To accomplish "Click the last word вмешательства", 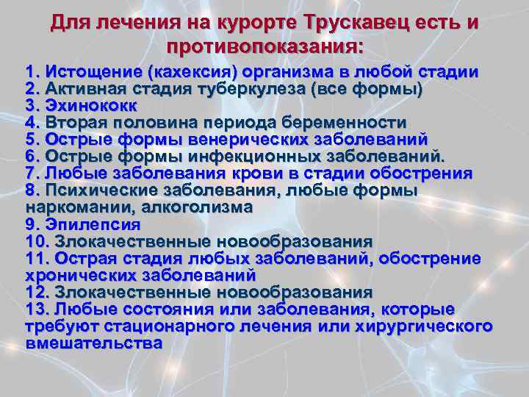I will (x=93, y=343).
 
